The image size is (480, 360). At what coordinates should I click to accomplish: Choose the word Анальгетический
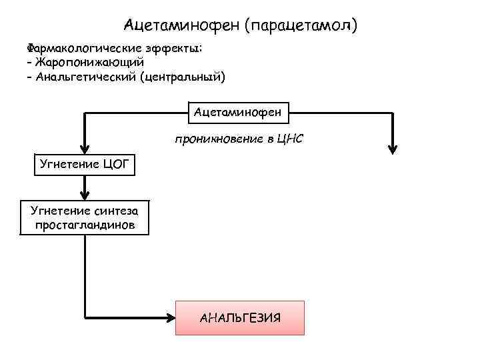[x=83, y=77]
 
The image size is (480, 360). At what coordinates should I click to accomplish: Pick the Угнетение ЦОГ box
[x=84, y=163]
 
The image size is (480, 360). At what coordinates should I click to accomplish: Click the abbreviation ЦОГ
[x=115, y=163]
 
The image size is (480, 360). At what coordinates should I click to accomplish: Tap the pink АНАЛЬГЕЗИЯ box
[x=239, y=317]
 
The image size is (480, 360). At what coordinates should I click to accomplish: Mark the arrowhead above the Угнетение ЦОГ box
[x=85, y=149]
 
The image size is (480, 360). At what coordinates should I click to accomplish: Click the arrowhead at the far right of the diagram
[x=393, y=149]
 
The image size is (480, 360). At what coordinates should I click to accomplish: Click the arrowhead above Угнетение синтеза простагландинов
[x=85, y=194]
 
